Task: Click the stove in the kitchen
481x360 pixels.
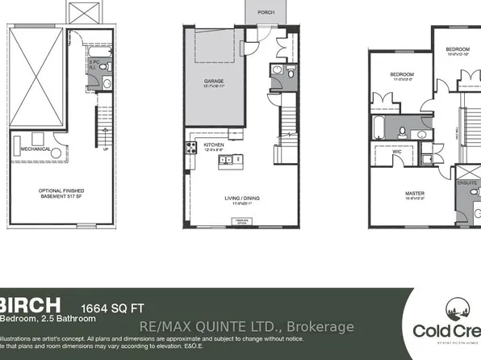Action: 192,148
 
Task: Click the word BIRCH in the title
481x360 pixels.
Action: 30,304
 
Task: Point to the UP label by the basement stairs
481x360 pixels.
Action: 105,149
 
